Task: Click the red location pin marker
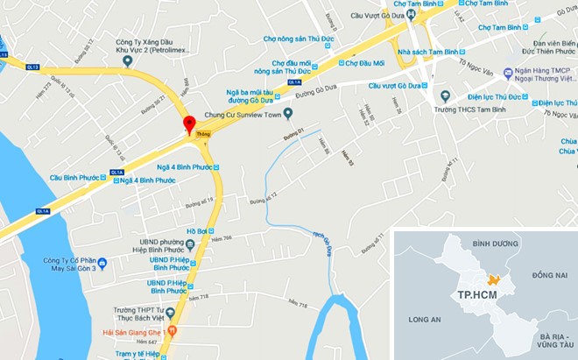click(188, 124)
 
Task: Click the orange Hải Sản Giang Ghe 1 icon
click(172, 331)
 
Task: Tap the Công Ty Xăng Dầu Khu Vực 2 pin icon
click(128, 61)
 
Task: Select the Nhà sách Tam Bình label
click(428, 52)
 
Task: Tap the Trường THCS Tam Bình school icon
click(445, 96)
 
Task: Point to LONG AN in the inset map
click(424, 319)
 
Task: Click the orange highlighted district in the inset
click(495, 279)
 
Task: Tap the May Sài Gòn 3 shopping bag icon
click(102, 262)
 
